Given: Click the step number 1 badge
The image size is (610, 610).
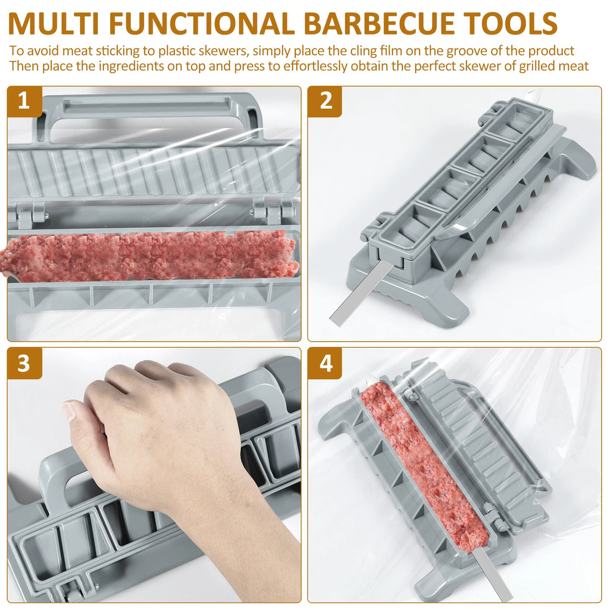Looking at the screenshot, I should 24,102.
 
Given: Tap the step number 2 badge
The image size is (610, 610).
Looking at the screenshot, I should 325,102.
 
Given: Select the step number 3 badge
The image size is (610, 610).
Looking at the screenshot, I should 24,363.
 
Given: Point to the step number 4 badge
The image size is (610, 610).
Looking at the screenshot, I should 325,363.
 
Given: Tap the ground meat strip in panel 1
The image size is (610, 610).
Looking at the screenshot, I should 147,257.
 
